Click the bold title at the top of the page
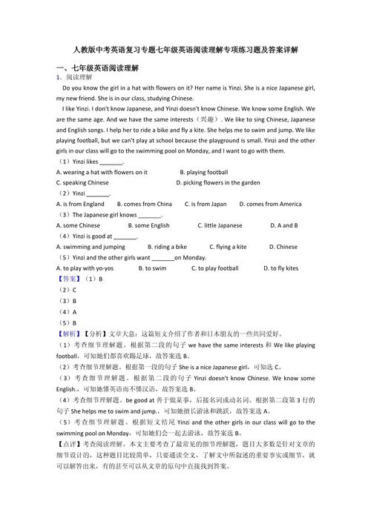[x=185, y=50]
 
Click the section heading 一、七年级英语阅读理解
[x=97, y=67]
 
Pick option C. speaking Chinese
[x=82, y=182]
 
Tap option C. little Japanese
[x=220, y=225]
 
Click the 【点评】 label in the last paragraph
[x=70, y=465]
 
